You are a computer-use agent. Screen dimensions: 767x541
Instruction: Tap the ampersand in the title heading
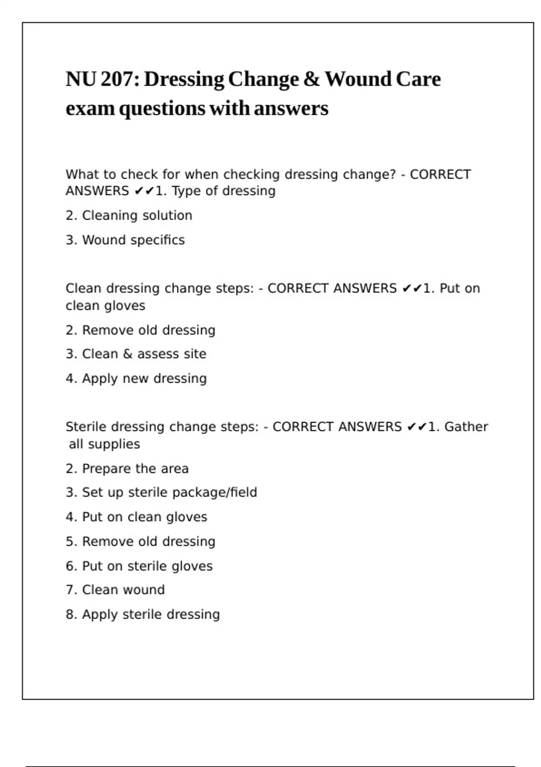tap(311, 79)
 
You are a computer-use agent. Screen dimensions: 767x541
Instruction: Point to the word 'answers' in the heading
tap(291, 108)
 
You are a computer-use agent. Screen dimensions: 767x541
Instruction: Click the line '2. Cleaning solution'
tap(129, 216)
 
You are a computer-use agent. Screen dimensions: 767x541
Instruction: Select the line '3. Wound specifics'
tap(125, 240)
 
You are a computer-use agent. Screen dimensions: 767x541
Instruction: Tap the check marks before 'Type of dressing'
tap(144, 191)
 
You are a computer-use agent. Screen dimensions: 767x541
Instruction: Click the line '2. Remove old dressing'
tap(140, 330)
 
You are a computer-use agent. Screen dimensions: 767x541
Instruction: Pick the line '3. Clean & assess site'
tap(136, 354)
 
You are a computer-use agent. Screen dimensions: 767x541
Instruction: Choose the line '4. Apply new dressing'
tap(136, 379)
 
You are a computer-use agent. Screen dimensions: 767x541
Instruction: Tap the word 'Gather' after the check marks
tap(466, 427)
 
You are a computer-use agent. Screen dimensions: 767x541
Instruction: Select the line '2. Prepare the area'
tap(127, 469)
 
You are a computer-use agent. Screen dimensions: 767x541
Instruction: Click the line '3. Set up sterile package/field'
tap(161, 493)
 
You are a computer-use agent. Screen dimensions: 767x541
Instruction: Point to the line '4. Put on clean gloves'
tap(136, 517)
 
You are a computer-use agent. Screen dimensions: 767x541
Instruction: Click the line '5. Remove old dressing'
tap(140, 541)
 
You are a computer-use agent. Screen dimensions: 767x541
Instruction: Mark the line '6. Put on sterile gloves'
tap(139, 566)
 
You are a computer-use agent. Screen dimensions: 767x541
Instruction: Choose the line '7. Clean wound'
tap(115, 590)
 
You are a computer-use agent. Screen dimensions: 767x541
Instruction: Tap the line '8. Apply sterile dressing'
tap(142, 615)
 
